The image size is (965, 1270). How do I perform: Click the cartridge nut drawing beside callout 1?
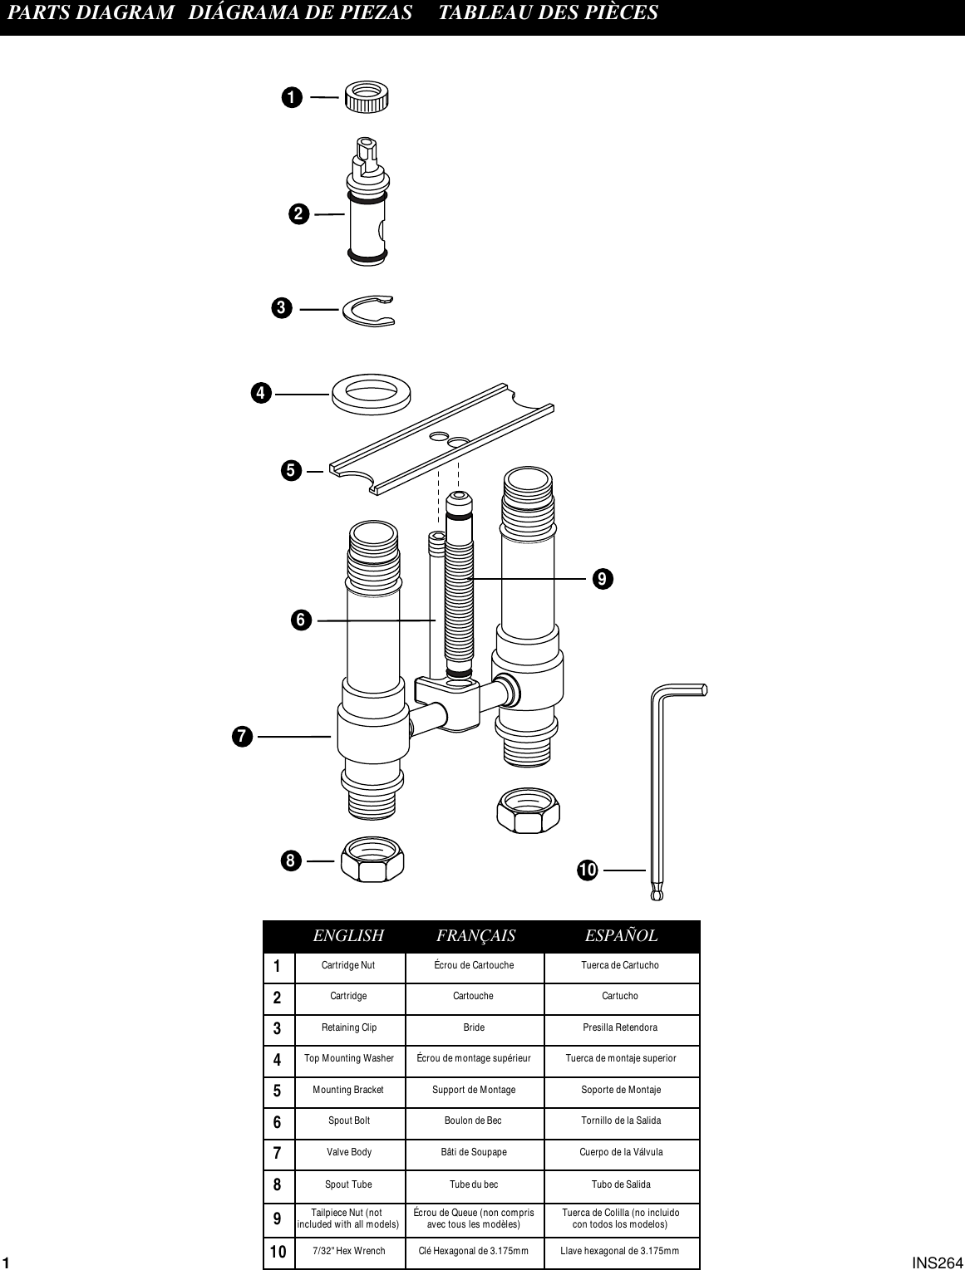(367, 97)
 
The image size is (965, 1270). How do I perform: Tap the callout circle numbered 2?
(299, 214)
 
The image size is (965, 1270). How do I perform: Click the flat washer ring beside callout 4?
(373, 393)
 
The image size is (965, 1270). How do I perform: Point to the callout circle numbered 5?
(291, 471)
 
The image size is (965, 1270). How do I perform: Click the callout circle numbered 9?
(603, 578)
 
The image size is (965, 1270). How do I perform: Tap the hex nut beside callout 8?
(372, 860)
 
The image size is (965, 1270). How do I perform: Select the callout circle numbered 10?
(588, 870)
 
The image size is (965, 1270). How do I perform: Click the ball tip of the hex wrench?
(657, 895)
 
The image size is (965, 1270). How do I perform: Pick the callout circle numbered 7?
(242, 736)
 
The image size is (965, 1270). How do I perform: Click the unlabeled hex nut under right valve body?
(528, 811)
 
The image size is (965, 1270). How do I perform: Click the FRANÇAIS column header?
(475, 936)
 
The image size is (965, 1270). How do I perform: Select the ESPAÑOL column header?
(621, 936)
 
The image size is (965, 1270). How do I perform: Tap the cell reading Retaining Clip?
(349, 1027)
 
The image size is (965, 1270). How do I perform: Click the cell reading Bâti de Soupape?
(474, 1152)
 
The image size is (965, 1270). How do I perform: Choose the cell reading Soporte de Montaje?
(621, 1090)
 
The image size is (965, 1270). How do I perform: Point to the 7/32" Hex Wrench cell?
(349, 1251)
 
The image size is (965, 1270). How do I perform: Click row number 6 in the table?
(278, 1122)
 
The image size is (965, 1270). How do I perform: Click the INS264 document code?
(937, 1263)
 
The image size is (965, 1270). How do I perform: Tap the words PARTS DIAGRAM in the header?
(91, 12)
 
